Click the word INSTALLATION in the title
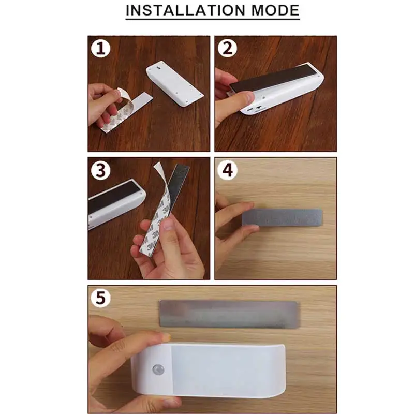(x=186, y=10)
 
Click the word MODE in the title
(x=275, y=10)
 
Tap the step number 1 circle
(x=100, y=48)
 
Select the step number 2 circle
(x=227, y=48)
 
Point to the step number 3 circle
(x=100, y=170)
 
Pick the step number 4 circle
(x=227, y=170)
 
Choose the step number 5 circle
(x=100, y=298)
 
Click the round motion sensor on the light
(x=158, y=369)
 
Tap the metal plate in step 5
(x=229, y=314)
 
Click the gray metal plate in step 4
(x=282, y=217)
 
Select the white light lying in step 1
(x=174, y=84)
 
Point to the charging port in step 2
(x=249, y=109)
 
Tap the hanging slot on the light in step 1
(x=159, y=68)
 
